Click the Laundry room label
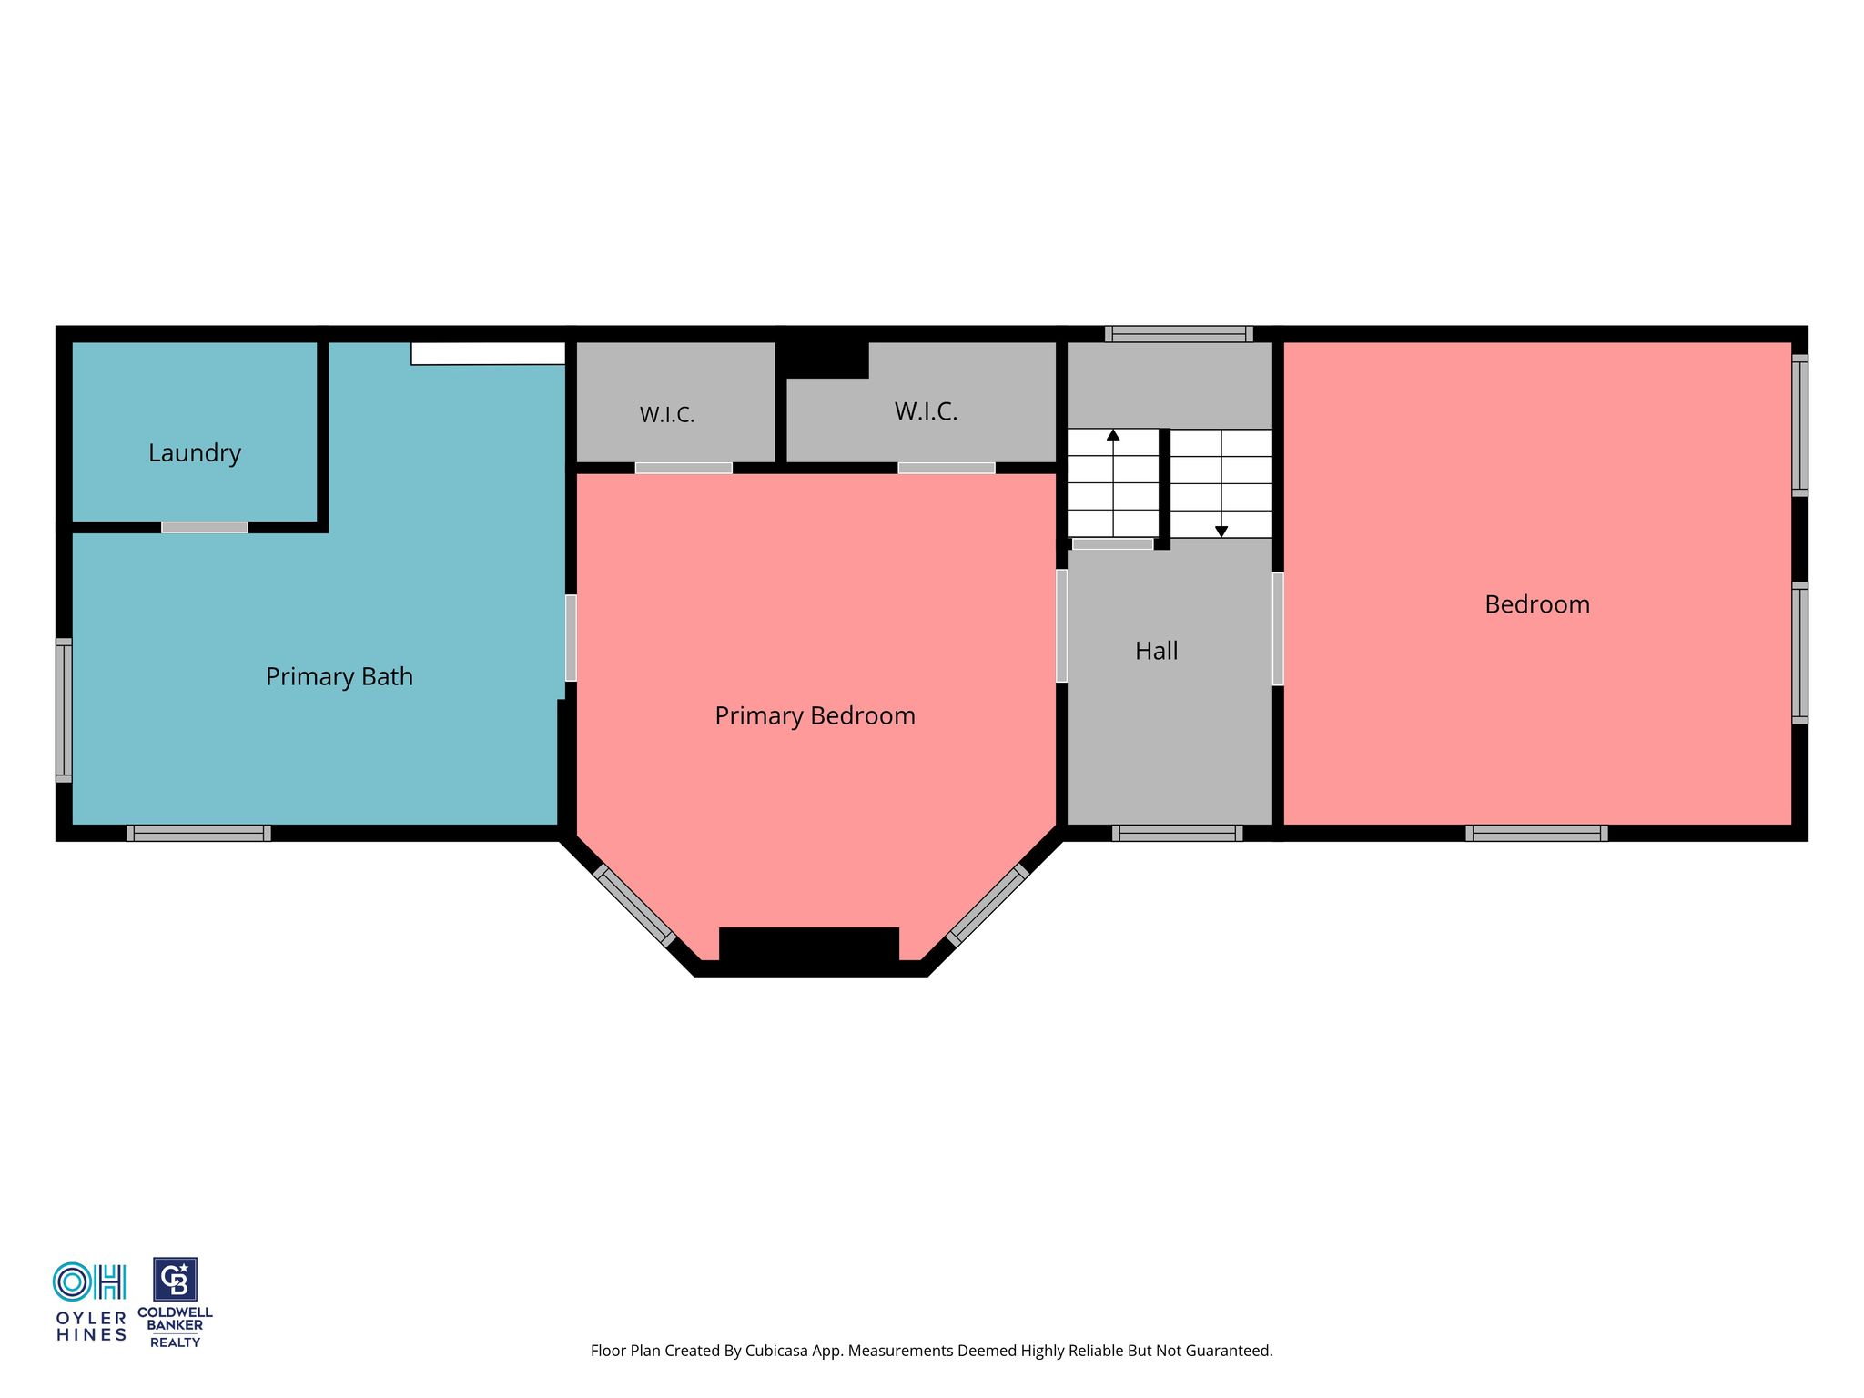coord(195,453)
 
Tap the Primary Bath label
coord(339,677)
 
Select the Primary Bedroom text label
coord(815,716)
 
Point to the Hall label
coord(1157,651)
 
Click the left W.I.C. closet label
coord(667,415)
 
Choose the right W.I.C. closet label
coord(927,412)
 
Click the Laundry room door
coord(205,528)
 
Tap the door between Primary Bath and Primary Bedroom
coord(571,638)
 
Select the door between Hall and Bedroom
coord(1278,629)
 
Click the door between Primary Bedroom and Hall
coord(1061,626)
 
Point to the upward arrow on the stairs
coord(1113,482)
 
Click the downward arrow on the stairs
coord(1221,483)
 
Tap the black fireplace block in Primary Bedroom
coord(809,944)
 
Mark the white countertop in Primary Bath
coord(488,353)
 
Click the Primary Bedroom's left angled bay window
coord(634,906)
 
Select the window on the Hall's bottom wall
coord(1178,833)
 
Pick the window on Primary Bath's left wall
coord(64,710)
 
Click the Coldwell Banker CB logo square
coord(175,1280)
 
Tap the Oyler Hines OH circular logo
coord(72,1282)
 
